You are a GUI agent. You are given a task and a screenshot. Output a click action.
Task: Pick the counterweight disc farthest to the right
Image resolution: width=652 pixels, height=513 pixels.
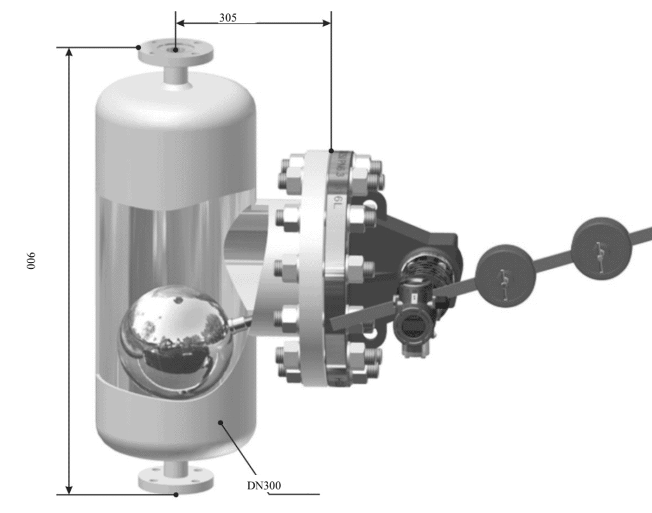pos(601,248)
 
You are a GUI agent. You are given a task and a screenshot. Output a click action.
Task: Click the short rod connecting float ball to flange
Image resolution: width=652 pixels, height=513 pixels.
pos(239,325)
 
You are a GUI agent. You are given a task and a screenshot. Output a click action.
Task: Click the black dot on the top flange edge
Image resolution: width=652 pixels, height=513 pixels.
pos(138,47)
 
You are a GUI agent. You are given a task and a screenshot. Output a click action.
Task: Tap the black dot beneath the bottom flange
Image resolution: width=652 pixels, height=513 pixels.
pos(176,494)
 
